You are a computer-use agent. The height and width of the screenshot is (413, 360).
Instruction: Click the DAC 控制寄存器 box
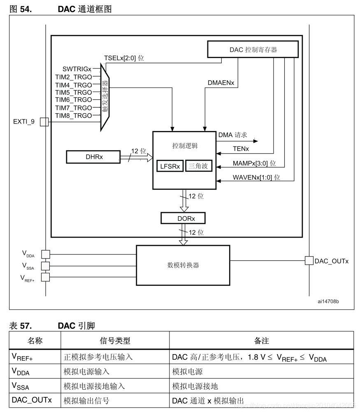253,49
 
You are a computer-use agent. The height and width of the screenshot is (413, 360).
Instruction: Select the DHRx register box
93,157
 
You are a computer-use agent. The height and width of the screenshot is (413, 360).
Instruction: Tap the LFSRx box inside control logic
170,166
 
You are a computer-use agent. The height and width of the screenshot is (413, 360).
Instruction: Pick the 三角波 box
199,166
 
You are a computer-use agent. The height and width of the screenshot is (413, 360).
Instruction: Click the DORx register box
183,218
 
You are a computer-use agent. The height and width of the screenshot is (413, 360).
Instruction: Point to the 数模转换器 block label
183,265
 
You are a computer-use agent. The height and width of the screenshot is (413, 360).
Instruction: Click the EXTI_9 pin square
44,122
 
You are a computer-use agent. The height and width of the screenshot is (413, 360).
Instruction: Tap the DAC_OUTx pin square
309,261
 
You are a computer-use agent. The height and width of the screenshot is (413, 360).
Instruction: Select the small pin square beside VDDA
46,254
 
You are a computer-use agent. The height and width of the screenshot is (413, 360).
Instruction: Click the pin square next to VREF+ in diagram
46,277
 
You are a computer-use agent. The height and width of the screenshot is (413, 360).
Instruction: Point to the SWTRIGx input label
77,69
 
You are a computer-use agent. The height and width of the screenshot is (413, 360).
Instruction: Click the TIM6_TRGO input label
73,100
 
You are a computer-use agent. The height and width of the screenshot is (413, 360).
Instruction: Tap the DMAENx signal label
221,83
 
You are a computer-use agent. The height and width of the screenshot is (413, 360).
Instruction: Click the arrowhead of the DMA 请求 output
256,141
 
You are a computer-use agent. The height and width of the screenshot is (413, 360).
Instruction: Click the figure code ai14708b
328,301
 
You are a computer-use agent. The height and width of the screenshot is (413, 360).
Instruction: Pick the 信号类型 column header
115,341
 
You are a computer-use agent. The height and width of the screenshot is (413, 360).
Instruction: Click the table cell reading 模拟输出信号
86,401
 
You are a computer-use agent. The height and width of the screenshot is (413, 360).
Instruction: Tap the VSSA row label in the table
21,386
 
